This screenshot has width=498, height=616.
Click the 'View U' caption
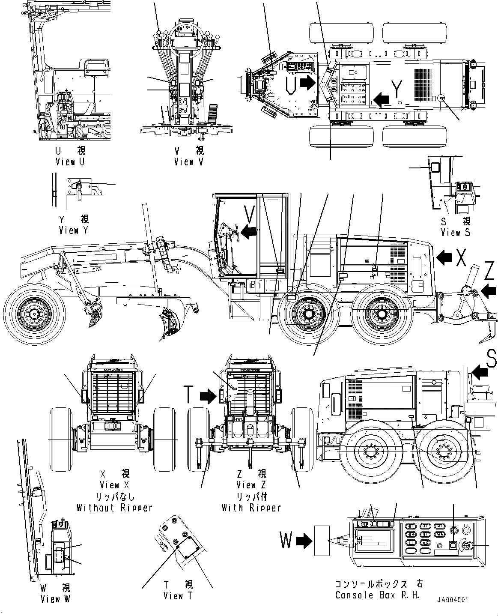(70, 161)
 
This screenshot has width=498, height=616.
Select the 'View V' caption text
(188, 161)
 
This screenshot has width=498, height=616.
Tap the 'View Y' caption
(75, 230)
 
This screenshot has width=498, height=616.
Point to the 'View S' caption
(455, 232)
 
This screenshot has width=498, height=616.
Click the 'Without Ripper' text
(114, 508)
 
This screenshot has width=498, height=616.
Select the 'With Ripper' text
(251, 508)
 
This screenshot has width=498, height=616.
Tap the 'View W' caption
(55, 599)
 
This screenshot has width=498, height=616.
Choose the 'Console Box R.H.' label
(378, 595)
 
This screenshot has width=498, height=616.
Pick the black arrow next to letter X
(445, 257)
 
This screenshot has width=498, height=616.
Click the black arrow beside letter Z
(488, 292)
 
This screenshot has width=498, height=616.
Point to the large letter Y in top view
(397, 89)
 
